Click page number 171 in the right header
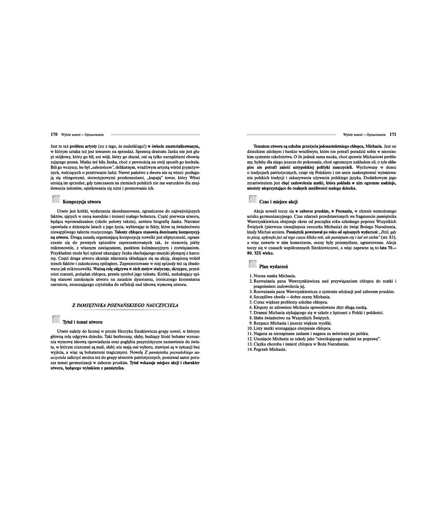(x=393, y=134)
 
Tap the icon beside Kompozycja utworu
(x=56, y=200)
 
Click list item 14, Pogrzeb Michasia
(x=267, y=349)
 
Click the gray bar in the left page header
(x=155, y=134)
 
